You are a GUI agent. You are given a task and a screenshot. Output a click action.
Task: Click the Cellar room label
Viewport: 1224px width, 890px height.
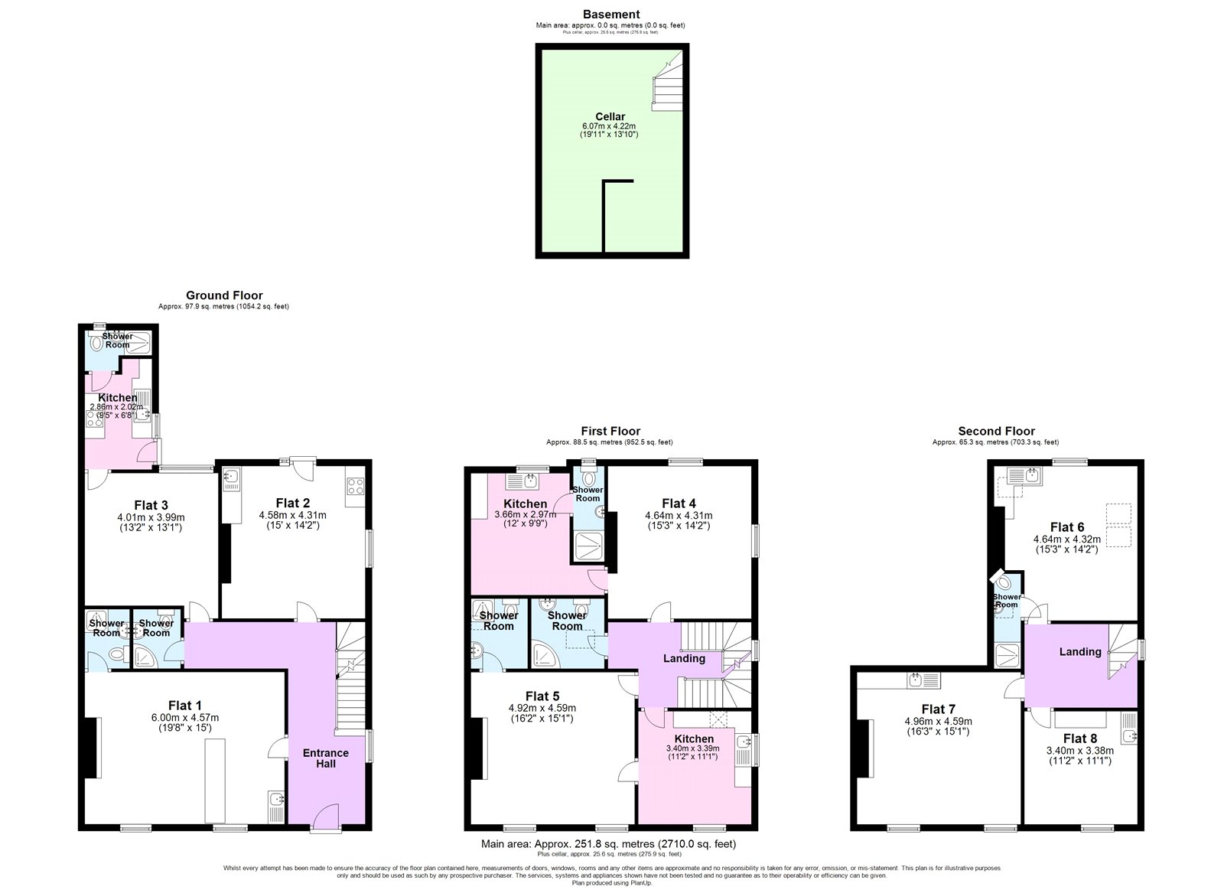[610, 117]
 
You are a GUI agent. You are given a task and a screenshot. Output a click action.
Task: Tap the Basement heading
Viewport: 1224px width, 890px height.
[610, 14]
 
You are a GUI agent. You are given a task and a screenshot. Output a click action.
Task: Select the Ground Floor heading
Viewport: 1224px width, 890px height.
[224, 295]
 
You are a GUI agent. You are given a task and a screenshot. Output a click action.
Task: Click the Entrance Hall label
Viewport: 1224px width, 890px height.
[325, 758]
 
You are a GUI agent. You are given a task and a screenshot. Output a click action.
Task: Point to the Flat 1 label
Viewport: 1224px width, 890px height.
[185, 706]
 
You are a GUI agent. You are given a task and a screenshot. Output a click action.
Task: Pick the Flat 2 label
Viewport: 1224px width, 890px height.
[292, 503]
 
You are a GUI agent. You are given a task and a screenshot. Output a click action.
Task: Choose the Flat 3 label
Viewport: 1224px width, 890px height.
[151, 505]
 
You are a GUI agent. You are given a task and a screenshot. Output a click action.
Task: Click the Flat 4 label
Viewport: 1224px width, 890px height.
[679, 503]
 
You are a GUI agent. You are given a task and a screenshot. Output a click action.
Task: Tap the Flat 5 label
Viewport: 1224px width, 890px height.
[542, 696]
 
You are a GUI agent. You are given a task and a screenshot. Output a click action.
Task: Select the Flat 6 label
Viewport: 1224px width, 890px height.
[1066, 527]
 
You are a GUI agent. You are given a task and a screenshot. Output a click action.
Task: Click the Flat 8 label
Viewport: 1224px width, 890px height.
[1079, 738]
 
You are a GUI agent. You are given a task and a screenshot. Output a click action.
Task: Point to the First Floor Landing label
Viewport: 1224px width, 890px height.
[684, 658]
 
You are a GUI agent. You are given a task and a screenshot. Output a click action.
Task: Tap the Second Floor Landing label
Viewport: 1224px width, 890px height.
[1080, 651]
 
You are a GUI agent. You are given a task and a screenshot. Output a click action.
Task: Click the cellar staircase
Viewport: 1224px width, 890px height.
[666, 84]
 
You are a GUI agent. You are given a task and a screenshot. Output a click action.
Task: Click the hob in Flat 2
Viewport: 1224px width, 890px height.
[356, 487]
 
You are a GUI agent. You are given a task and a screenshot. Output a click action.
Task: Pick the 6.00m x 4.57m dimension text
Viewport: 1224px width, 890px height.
[184, 718]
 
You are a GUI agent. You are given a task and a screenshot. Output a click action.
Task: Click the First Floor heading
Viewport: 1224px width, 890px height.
[610, 432]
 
